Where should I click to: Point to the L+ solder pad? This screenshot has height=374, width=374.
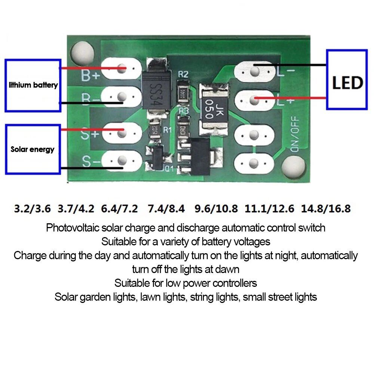(x=254, y=99)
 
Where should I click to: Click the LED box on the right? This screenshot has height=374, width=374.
(x=347, y=79)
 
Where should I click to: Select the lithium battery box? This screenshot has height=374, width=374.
(x=33, y=85)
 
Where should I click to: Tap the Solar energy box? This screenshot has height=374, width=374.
(x=33, y=149)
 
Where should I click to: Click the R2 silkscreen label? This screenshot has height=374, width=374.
(x=183, y=74)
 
